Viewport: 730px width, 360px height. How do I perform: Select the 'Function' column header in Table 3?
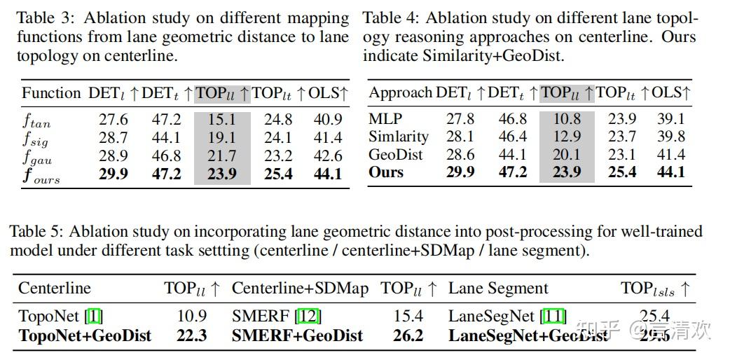point(50,93)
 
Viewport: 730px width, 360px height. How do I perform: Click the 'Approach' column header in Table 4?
point(400,93)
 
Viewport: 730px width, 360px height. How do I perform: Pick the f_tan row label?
point(36,120)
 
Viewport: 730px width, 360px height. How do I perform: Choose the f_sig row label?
point(35,138)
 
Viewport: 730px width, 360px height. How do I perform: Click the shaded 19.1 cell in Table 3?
point(222,138)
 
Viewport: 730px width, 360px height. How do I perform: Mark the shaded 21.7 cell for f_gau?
point(222,155)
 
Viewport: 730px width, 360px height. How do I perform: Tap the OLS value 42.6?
point(328,155)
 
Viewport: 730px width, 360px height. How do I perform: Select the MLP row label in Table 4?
point(385,119)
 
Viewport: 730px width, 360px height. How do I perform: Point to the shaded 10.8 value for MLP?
point(567,119)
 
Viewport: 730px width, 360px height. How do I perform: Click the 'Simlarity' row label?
point(399,137)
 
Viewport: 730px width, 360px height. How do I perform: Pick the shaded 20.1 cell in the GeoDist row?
point(567,154)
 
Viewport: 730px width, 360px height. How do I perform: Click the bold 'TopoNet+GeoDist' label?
point(85,335)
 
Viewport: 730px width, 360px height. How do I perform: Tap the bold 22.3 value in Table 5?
point(191,335)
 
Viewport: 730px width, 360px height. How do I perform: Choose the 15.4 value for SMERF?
point(408,317)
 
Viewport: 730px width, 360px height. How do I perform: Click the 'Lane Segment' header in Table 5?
point(498,289)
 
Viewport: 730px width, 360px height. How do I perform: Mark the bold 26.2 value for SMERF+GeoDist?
point(408,335)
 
